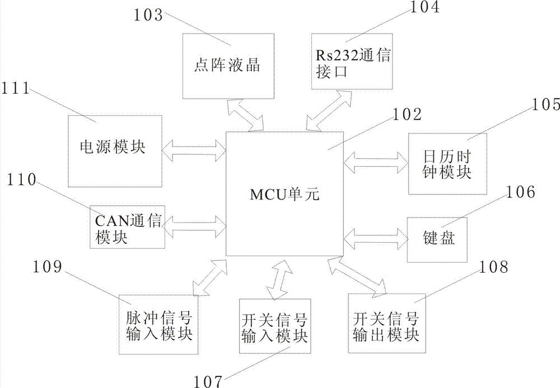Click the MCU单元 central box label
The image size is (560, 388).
tap(284, 195)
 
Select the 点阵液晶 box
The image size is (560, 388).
tap(228, 66)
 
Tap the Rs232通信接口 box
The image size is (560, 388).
tap(352, 61)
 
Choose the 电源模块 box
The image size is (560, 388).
tap(115, 151)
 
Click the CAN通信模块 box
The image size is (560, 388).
tap(128, 226)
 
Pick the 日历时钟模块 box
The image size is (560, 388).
tap(447, 164)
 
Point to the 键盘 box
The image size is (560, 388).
tap(437, 240)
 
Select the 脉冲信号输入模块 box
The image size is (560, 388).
tap(158, 324)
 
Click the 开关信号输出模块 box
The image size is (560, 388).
tap(387, 324)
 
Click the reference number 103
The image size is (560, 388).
tap(148, 15)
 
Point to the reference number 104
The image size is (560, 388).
tap(424, 7)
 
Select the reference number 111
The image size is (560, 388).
tap(15, 88)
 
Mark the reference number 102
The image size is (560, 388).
tap(407, 115)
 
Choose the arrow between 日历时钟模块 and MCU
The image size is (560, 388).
tap(376, 163)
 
